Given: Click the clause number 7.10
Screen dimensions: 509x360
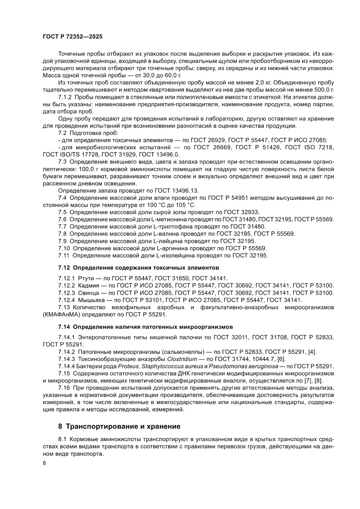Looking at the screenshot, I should [x=64, y=248].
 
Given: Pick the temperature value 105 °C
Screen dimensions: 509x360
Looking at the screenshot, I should [x=183, y=205].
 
